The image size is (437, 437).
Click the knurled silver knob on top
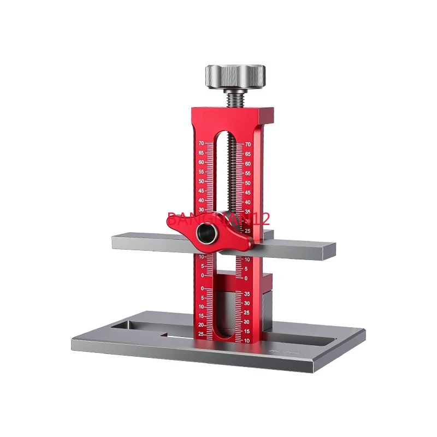tap(235, 76)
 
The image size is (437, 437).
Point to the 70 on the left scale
tap(201, 144)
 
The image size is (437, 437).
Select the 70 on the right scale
tap(248, 144)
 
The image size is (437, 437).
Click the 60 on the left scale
tap(201, 162)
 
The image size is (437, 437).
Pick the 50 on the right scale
tap(248, 183)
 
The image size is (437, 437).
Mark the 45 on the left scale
tap(201, 191)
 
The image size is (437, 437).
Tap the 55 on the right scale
tap(248, 173)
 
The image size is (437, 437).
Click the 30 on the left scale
tap(201, 210)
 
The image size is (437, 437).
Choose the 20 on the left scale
tap(201, 324)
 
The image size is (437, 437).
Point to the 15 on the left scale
tap(201, 316)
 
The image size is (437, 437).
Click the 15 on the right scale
tap(247, 332)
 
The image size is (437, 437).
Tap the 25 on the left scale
tap(201, 333)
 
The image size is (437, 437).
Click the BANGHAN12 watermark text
tap(218, 220)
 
